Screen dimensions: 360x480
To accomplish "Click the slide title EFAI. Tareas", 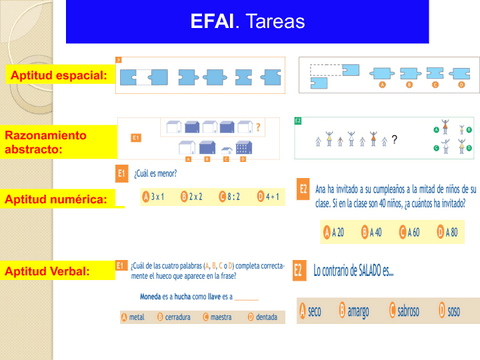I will (x=239, y=21).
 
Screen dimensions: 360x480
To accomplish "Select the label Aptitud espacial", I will (x=57, y=76).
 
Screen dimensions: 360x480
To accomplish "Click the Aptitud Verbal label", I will (x=49, y=270).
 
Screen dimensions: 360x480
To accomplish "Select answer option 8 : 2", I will (x=234, y=197).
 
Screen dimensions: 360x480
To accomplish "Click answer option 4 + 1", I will (x=272, y=197).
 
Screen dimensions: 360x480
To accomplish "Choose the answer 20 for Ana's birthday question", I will (x=335, y=232).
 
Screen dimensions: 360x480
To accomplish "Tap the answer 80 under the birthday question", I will (x=447, y=232).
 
